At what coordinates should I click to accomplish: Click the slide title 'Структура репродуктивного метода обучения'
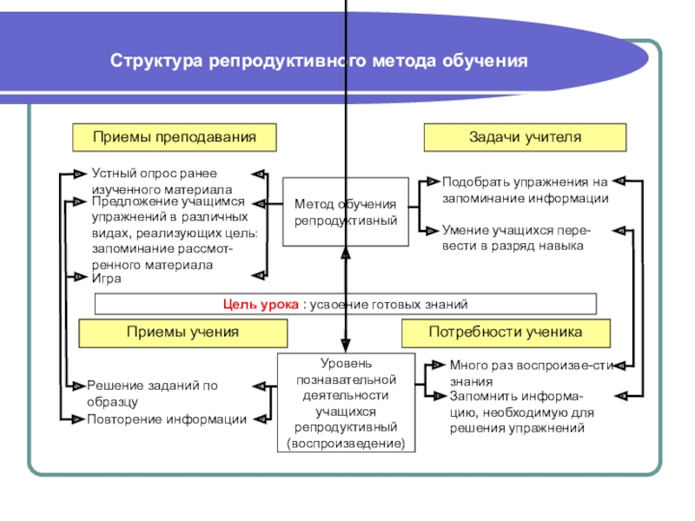(x=319, y=63)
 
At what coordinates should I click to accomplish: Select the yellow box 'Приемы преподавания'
(x=174, y=137)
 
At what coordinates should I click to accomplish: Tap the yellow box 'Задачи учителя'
(x=524, y=137)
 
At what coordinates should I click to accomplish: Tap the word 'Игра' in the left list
(x=107, y=280)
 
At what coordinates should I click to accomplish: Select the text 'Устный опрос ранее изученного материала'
(x=161, y=181)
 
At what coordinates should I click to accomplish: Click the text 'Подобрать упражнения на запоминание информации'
(x=525, y=190)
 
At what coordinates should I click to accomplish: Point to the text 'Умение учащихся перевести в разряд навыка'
(x=517, y=238)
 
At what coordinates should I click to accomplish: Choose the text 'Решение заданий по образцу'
(x=152, y=393)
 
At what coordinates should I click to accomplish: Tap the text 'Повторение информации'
(x=166, y=419)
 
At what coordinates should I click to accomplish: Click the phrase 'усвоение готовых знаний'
(x=394, y=304)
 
